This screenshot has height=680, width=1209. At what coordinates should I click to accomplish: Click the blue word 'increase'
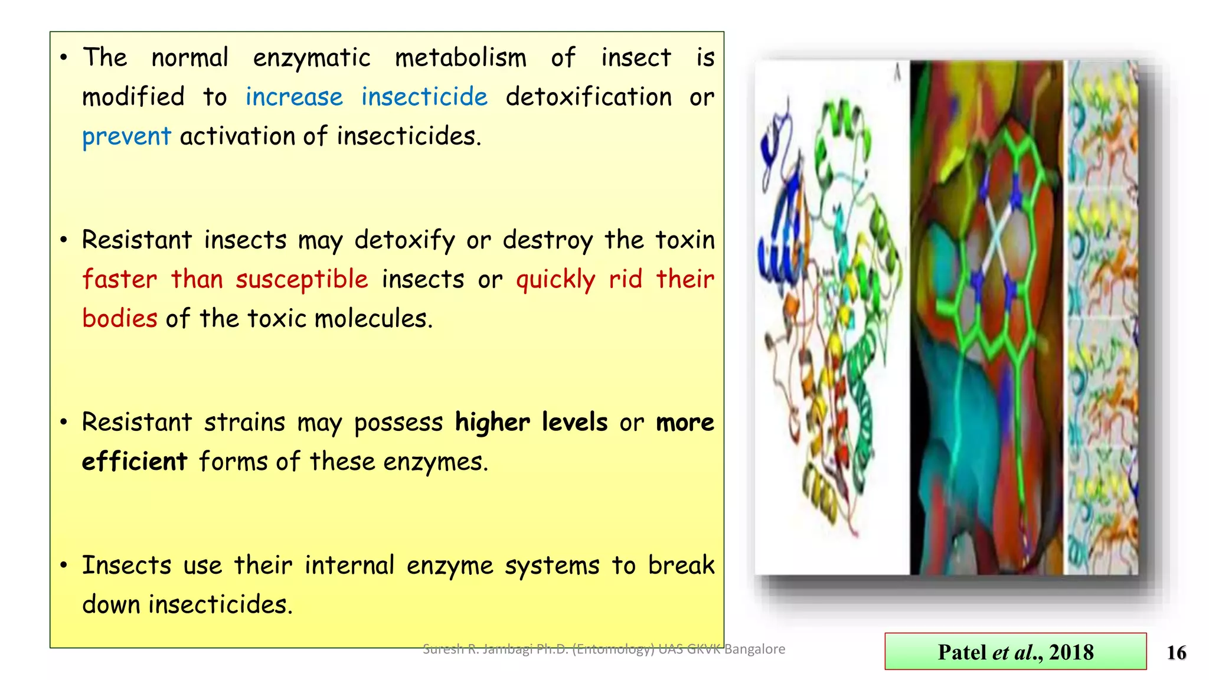click(294, 97)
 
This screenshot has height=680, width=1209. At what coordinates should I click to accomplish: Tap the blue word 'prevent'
click(126, 136)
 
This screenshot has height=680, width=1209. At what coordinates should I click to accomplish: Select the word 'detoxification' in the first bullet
click(589, 97)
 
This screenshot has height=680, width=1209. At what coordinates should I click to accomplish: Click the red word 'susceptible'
click(302, 279)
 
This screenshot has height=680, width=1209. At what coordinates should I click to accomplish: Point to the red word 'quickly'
click(556, 279)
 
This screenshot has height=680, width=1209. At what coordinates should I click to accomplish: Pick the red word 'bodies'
click(120, 319)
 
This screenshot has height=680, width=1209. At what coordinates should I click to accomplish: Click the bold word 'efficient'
click(135, 462)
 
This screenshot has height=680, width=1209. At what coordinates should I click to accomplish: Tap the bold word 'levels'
click(574, 423)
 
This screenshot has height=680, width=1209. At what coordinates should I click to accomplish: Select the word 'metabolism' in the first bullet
click(460, 58)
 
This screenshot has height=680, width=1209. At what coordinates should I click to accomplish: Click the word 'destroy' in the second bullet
click(547, 240)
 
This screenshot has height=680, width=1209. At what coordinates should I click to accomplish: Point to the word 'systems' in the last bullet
click(551, 565)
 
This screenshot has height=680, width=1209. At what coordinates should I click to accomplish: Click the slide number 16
click(1176, 652)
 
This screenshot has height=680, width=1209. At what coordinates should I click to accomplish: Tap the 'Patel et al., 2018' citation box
click(1015, 652)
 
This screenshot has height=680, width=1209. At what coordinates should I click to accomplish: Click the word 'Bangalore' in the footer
click(754, 649)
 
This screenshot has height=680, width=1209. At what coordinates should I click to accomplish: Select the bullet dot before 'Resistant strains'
click(64, 423)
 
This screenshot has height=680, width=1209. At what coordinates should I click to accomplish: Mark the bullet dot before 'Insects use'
click(64, 565)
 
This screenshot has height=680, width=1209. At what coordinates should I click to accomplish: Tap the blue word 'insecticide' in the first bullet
click(424, 97)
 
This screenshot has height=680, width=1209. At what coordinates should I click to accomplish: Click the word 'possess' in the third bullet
click(398, 423)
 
